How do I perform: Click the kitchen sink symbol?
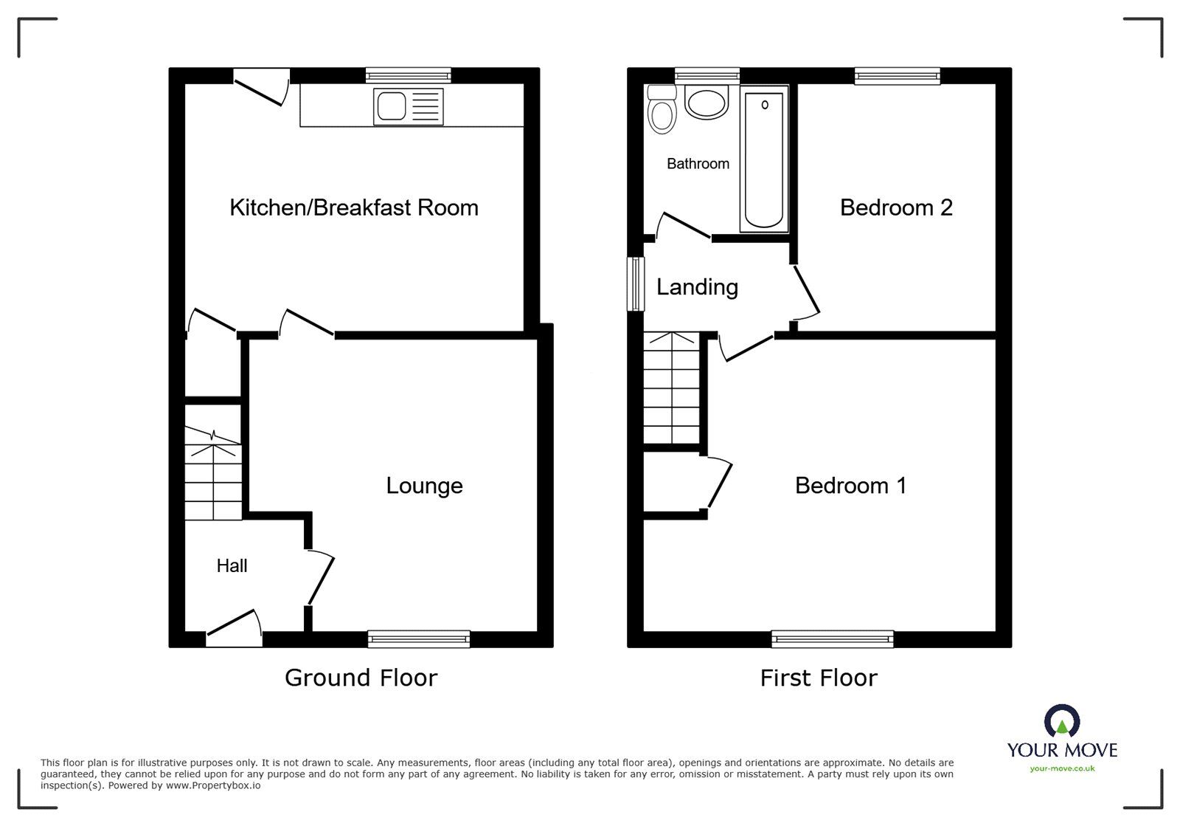click(x=409, y=106)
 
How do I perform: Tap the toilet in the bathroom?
click(x=662, y=111)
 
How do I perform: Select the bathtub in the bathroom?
click(x=763, y=158)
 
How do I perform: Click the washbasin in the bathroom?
click(x=707, y=103)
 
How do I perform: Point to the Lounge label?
click(x=424, y=486)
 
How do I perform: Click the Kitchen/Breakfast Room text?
click(x=354, y=207)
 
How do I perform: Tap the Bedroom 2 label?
click(x=896, y=207)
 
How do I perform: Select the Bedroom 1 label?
click(x=850, y=486)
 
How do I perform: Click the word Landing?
click(x=697, y=287)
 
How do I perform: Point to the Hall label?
click(x=232, y=566)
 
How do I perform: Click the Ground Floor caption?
click(x=361, y=678)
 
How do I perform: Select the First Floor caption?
click(x=819, y=678)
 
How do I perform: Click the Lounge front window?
click(x=419, y=639)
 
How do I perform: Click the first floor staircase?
click(x=671, y=388)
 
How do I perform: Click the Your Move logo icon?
click(x=1062, y=722)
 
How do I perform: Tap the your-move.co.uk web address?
click(x=1062, y=768)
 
